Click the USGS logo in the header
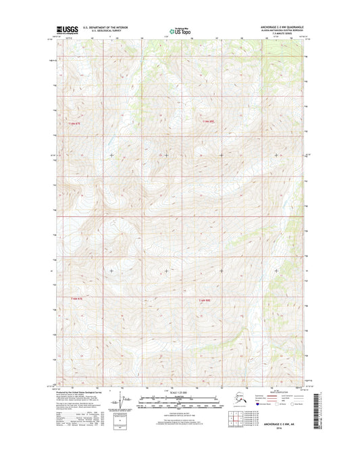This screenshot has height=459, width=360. pos(66,30)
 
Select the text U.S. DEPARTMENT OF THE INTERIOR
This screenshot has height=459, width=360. pos(104,28)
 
